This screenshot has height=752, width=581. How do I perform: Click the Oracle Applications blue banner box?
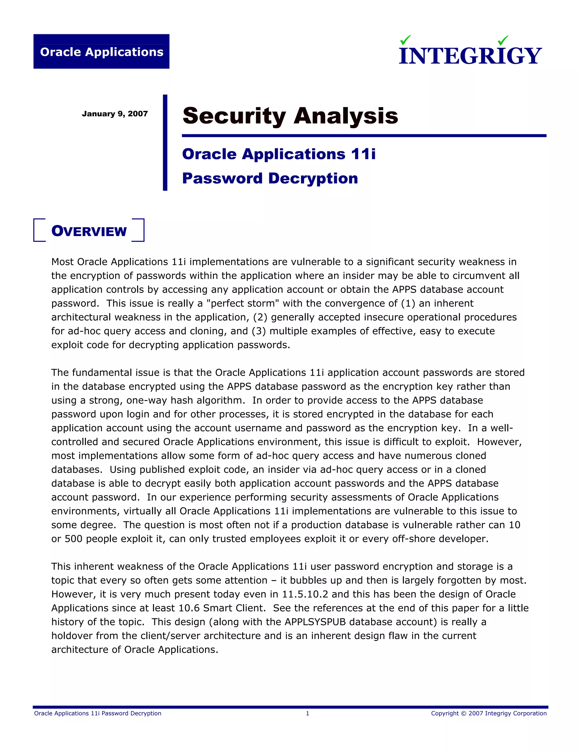101,51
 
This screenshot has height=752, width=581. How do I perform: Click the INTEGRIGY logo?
470,55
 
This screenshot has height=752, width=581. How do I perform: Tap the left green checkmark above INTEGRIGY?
405,40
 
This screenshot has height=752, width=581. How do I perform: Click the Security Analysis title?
290,116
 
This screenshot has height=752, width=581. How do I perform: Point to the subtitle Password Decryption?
270,178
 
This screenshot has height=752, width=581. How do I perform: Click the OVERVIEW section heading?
89,231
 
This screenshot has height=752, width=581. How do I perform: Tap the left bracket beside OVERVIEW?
39,230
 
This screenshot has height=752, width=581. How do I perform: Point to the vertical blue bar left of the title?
165,142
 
